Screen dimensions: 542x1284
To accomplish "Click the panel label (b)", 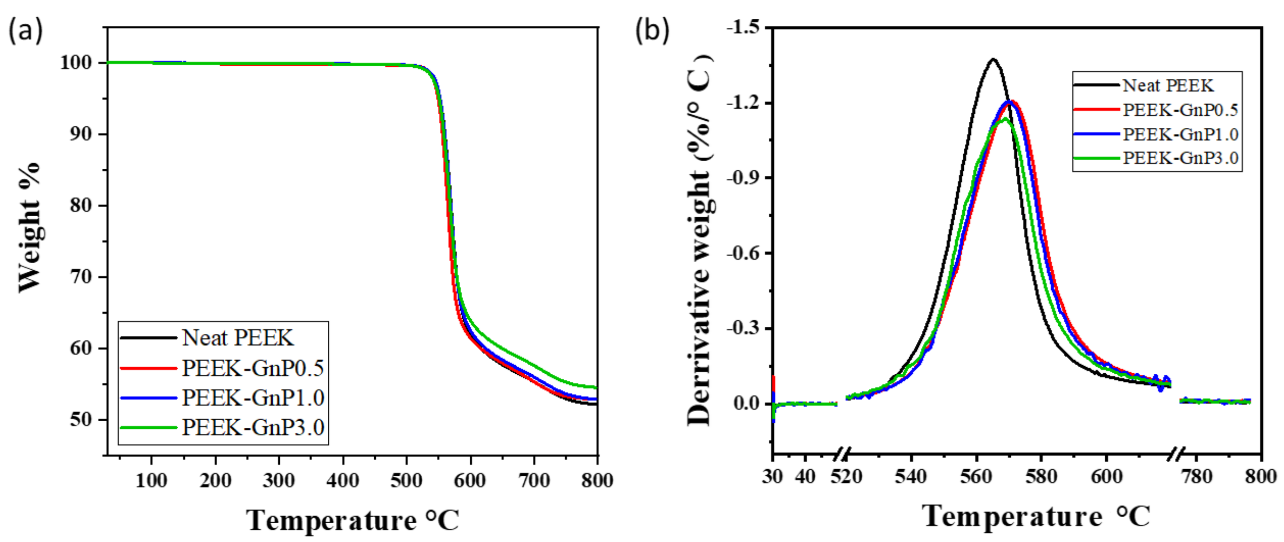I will tap(652, 31).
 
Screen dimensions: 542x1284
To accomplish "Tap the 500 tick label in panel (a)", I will tap(406, 480).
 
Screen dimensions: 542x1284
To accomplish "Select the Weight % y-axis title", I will tap(29, 227).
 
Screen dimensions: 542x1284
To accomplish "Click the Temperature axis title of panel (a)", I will tap(352, 520).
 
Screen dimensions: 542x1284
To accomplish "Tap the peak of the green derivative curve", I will tap(1005, 119).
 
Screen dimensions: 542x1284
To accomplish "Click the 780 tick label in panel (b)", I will tap(1197, 476).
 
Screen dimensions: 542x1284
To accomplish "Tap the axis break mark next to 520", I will tap(842, 453).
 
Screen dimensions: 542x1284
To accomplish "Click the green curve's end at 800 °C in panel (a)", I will tap(596, 387).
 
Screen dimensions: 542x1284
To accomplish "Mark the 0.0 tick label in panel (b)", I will tap(746, 404).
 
